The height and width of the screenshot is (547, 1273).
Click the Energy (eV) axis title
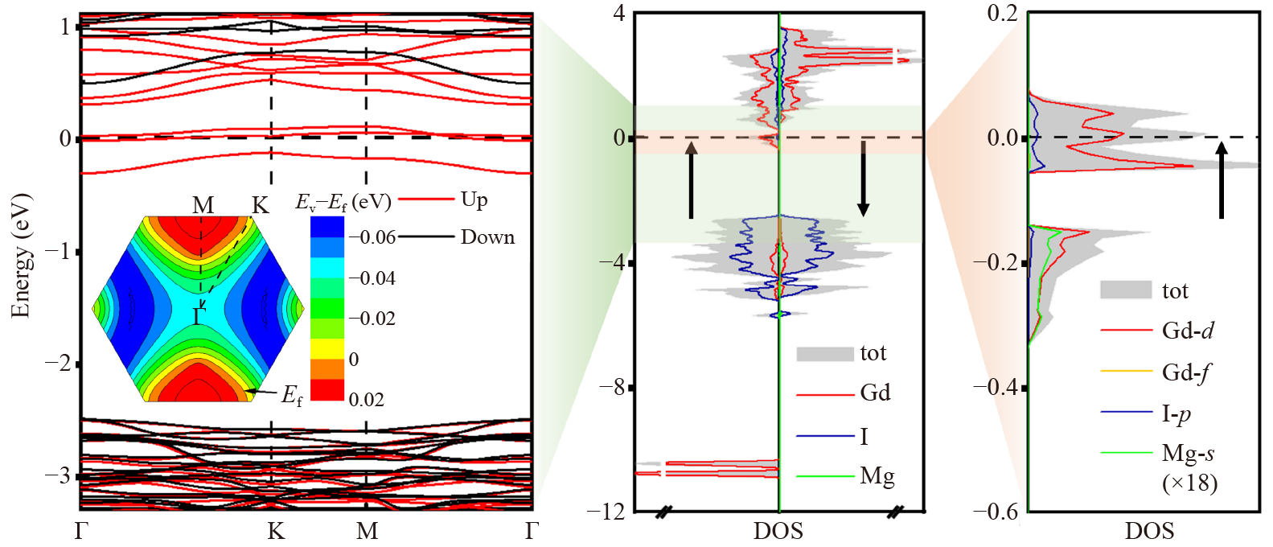21,256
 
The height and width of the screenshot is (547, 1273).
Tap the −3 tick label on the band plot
59,475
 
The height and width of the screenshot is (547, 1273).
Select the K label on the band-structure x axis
276,531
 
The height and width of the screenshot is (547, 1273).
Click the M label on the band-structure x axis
367,531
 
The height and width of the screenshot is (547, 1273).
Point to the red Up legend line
426,199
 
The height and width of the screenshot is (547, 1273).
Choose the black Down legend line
426,236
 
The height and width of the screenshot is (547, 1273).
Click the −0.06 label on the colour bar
372,237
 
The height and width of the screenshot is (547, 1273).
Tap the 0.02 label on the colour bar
366,399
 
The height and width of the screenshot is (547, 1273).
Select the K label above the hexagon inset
260,206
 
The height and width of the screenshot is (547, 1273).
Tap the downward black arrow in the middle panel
863,179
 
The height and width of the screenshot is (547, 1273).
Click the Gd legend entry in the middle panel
875,393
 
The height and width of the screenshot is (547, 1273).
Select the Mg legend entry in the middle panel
877,476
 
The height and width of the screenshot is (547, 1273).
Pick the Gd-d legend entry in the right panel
1188,330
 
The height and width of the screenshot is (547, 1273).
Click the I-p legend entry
1176,413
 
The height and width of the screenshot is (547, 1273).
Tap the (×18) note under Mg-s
1189,483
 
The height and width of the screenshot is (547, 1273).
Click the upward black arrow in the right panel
1221,180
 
